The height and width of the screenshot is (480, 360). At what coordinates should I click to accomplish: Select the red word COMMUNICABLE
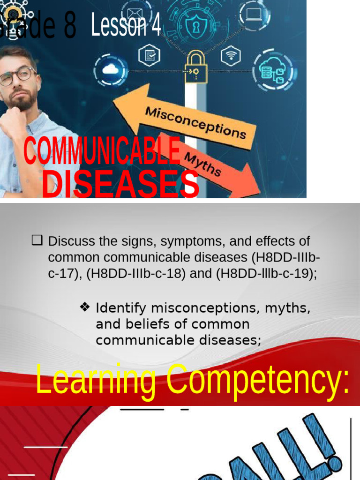click(102, 150)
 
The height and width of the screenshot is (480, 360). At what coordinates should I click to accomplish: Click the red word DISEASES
click(120, 183)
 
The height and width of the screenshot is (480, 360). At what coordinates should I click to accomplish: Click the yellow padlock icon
click(196, 69)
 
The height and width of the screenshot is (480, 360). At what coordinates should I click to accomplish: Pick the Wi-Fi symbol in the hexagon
click(231, 56)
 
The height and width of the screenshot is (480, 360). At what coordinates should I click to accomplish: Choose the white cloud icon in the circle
click(111, 70)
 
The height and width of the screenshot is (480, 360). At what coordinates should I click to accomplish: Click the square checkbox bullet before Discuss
click(37, 241)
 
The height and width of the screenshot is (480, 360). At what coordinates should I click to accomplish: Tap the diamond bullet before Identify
click(85, 308)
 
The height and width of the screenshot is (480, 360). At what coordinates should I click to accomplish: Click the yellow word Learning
click(96, 381)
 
